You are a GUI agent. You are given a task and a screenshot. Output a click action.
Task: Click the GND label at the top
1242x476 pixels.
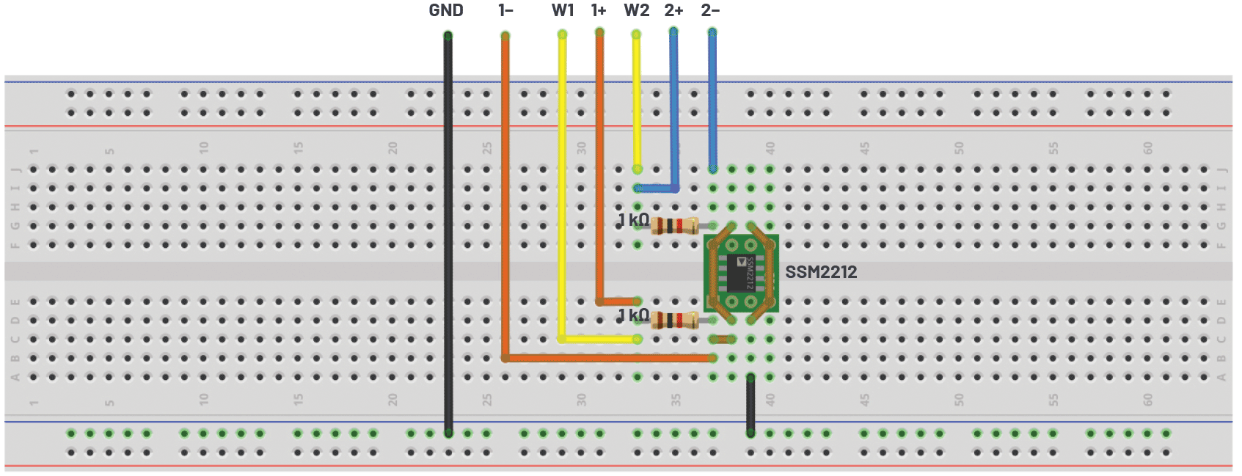446,10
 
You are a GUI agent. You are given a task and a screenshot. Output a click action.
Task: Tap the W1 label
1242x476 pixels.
563,10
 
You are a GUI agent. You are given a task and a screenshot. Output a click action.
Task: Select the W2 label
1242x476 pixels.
636,10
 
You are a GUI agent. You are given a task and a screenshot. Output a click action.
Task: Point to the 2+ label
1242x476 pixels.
673,10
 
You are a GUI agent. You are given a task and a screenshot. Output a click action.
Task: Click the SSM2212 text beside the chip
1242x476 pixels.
821,272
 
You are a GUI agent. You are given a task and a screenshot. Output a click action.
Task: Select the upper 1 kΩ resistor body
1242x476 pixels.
674,226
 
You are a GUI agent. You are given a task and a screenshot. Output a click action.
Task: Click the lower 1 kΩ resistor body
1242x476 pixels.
674,321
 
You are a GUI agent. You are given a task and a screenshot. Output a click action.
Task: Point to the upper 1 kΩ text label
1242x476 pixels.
633,219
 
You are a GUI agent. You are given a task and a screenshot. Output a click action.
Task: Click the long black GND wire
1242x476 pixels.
448,235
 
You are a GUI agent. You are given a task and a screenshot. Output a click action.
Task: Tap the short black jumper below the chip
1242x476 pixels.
750,405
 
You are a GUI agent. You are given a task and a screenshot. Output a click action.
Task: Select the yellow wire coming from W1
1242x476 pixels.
563,183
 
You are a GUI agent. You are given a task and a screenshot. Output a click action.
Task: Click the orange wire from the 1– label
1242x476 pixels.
505,198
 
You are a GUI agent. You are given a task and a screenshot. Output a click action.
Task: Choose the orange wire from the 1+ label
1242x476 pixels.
599,169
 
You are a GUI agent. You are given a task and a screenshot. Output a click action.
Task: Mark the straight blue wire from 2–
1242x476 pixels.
712,103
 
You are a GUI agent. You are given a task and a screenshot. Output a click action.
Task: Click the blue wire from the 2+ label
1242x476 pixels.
673,110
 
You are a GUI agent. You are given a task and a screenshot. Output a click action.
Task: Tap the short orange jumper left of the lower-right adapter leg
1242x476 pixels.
723,339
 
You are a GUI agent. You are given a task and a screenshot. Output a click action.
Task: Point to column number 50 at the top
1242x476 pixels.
959,147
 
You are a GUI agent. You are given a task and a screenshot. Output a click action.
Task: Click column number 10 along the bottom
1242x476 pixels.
203,399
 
